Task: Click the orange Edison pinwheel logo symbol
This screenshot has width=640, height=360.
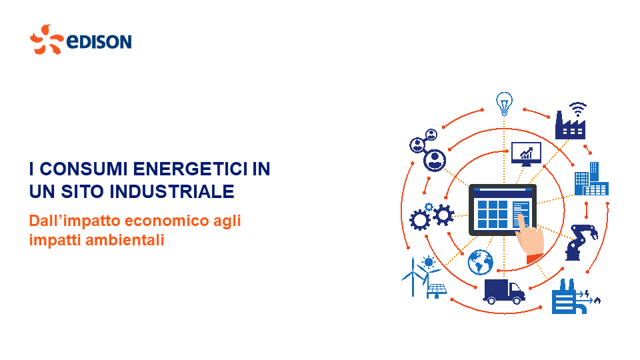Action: (x=47, y=39)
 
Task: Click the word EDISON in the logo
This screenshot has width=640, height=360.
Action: (x=99, y=41)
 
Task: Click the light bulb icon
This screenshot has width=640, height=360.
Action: (x=504, y=104)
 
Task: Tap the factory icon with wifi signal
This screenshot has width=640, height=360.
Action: (x=571, y=121)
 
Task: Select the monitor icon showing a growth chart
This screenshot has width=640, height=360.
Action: (x=526, y=154)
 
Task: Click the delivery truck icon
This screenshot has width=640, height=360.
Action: (x=504, y=291)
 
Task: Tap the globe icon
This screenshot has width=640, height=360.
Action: (x=481, y=263)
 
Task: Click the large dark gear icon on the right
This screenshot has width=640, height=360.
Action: (x=444, y=215)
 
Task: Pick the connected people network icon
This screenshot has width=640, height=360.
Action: (x=428, y=150)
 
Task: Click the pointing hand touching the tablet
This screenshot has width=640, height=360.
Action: (x=529, y=239)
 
